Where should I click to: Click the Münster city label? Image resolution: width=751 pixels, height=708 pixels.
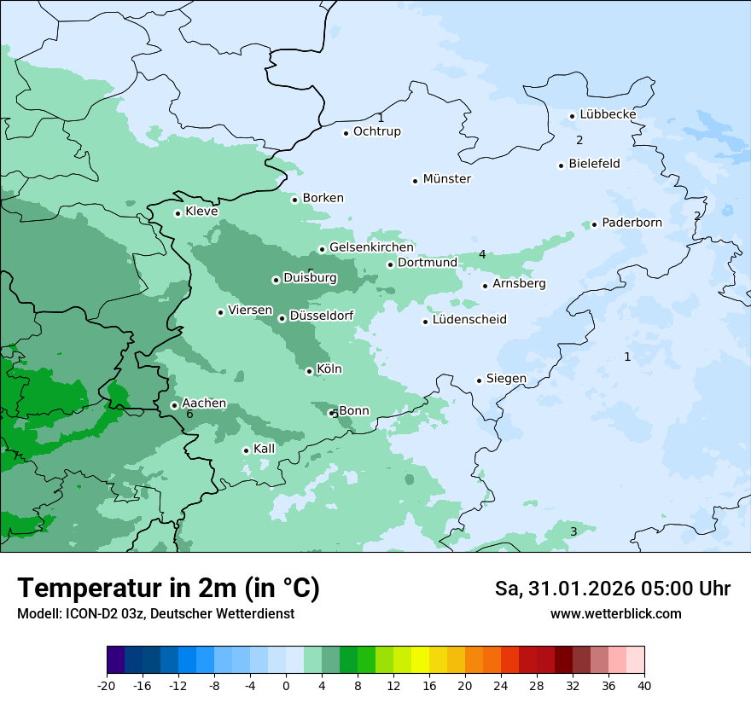click(447, 179)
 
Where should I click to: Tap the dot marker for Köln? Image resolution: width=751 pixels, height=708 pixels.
click(309, 371)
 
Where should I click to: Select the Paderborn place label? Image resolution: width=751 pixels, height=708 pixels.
click(632, 223)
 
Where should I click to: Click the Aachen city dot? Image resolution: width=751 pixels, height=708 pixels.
click(174, 405)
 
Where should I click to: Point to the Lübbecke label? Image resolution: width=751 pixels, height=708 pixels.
click(608, 114)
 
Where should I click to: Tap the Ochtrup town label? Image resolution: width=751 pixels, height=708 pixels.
click(376, 131)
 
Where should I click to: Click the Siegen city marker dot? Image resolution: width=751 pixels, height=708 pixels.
click(479, 380)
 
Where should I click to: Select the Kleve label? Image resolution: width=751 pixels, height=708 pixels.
click(201, 212)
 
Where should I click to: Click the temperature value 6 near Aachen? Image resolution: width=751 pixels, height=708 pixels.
click(189, 415)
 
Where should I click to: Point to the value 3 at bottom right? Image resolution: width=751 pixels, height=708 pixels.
click(573, 532)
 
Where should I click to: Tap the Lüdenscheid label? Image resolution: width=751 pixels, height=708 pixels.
click(469, 320)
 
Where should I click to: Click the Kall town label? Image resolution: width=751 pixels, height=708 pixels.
click(265, 449)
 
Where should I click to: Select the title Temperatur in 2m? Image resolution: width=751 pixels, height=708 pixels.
click(169, 588)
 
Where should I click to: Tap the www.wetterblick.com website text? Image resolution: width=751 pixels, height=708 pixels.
click(615, 613)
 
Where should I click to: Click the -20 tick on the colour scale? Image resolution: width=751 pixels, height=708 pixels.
click(107, 685)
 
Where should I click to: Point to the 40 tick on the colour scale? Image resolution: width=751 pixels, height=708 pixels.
click(644, 685)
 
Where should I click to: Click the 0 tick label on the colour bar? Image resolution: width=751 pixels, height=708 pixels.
click(286, 685)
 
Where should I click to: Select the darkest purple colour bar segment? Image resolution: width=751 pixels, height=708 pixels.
click(115, 660)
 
